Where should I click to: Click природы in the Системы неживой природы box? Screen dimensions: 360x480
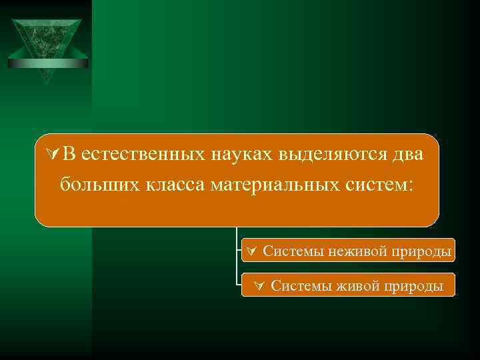tap(425, 251)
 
